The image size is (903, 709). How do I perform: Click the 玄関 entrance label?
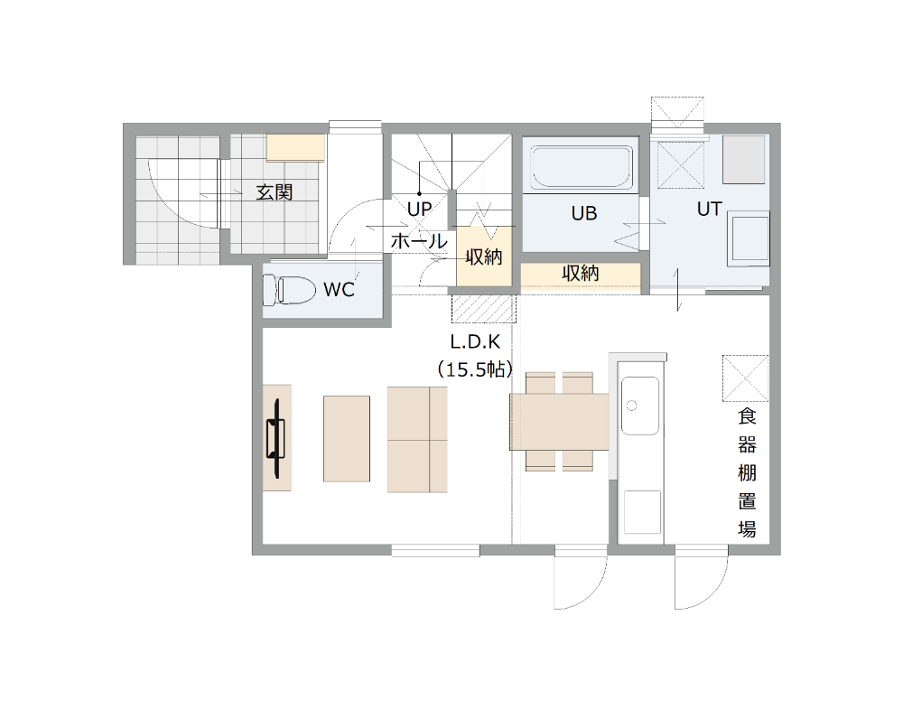[275, 191]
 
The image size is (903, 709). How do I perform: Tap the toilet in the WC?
[289, 289]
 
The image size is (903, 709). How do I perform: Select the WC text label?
[340, 289]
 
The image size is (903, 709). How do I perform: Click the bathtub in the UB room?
[582, 167]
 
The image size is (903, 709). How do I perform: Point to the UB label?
[584, 214]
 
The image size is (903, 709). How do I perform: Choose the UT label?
[709, 209]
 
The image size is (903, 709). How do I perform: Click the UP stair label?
[419, 209]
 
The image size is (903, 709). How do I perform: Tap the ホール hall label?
[419, 241]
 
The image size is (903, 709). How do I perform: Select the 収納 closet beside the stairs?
[484, 257]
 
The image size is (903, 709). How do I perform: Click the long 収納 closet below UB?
[581, 277]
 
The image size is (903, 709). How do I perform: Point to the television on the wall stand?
[276, 438]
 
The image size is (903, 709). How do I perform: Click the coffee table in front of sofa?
[347, 438]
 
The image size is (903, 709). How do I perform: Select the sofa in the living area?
[417, 440]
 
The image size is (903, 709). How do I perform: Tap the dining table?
[559, 422]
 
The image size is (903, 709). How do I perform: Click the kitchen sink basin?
[640, 406]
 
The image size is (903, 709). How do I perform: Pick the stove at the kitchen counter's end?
[643, 513]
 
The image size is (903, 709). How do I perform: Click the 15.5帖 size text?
[475, 368]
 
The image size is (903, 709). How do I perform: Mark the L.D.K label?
[475, 342]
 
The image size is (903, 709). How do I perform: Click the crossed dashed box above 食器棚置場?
[745, 378]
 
